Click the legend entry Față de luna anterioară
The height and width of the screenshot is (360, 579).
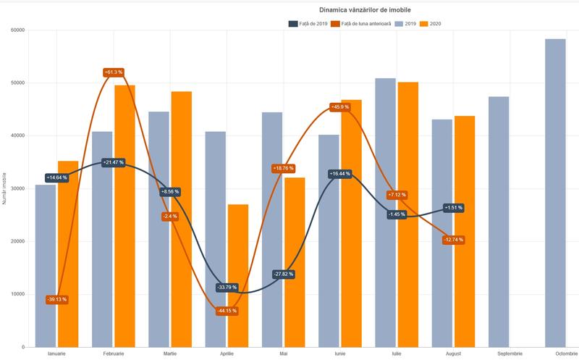(x=362, y=24)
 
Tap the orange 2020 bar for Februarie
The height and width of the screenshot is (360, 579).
(x=124, y=217)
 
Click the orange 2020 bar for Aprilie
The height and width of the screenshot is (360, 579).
(x=238, y=275)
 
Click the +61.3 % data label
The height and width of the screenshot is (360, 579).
(x=114, y=72)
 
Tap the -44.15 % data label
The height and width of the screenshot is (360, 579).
(x=226, y=311)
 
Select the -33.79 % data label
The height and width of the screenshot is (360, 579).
(x=226, y=288)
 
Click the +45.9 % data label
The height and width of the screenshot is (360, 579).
(x=339, y=107)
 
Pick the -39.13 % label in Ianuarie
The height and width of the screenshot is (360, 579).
(x=56, y=299)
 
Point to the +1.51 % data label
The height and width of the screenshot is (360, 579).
(x=452, y=208)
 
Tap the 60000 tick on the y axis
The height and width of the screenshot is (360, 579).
(x=17, y=30)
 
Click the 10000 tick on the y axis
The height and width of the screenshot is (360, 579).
(x=17, y=294)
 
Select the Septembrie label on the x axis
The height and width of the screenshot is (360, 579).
(x=509, y=353)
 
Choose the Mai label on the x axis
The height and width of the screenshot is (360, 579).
(x=283, y=353)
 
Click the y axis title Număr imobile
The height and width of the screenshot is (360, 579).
(x=5, y=188)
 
